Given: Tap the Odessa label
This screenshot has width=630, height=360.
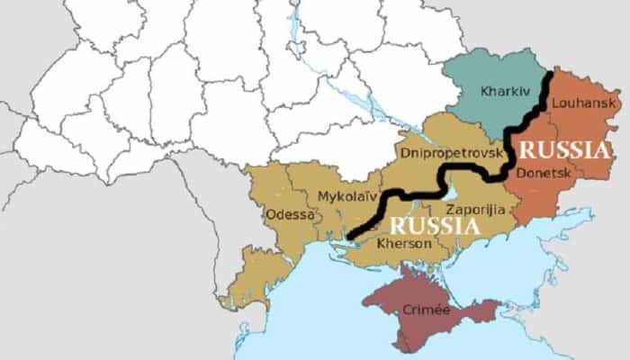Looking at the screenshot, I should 291,214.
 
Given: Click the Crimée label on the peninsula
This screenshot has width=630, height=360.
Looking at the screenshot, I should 425,308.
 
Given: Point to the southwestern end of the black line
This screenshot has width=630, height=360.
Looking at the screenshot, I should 349,237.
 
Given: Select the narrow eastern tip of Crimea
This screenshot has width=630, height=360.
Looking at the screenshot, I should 490,310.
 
